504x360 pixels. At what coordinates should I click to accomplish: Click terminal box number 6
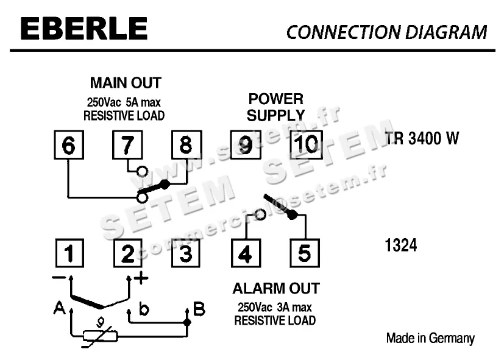[x=69, y=145]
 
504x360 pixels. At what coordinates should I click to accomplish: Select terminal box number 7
[x=127, y=145]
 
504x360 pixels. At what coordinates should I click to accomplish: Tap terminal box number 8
[x=186, y=145]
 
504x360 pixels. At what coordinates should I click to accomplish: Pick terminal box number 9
[x=245, y=145]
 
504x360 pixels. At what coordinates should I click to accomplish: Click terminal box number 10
[x=305, y=145]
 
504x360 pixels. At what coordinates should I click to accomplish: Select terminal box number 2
[x=127, y=253]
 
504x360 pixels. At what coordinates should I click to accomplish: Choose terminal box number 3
[x=186, y=253]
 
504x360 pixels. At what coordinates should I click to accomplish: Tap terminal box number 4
[x=245, y=253]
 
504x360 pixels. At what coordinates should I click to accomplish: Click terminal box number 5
[x=305, y=253]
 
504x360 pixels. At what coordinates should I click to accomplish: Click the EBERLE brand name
[x=83, y=29]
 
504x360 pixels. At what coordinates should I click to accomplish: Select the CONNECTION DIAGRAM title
[x=386, y=32]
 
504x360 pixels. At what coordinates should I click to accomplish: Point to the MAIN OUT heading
[x=125, y=82]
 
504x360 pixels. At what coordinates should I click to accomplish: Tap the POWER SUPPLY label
[x=275, y=107]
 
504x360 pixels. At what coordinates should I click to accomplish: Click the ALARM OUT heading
[x=275, y=289]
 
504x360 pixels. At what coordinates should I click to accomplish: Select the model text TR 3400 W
[x=422, y=139]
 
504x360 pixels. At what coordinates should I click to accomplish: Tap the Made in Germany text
[x=430, y=338]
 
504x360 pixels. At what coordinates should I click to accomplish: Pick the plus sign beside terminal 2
[x=141, y=279]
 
